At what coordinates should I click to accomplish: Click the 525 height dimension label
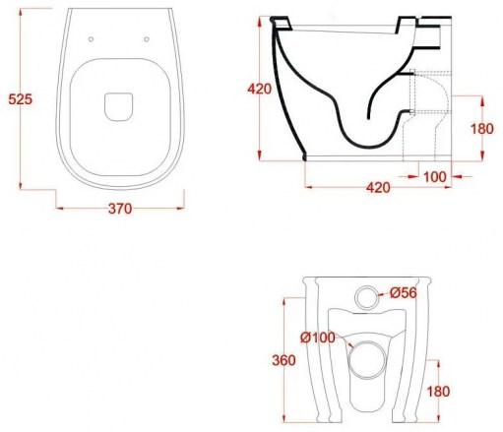pos(21,99)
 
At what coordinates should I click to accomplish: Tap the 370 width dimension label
pos(120,209)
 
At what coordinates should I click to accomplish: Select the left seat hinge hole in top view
pos(91,39)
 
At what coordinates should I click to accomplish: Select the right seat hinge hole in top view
pos(147,39)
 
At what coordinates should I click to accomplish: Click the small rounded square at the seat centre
pos(119,107)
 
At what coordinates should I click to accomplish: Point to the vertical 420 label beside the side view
pos(260,89)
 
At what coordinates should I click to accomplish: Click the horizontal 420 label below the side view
pos(378,188)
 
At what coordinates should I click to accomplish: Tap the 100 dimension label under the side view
pos(435,177)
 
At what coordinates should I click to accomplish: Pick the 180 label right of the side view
pos(482,129)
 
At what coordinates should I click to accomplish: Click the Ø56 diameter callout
pos(404,292)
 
